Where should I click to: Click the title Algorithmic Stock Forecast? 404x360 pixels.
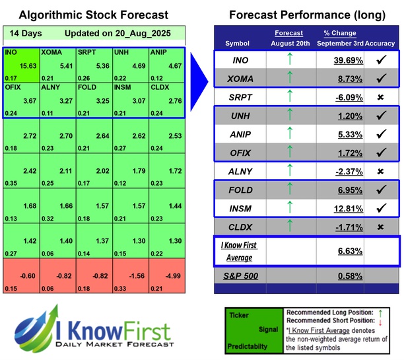(x=93, y=15)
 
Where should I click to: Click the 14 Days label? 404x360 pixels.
(x=24, y=33)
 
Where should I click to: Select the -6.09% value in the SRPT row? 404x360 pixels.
(x=341, y=96)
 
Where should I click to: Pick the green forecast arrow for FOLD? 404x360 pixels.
(x=288, y=190)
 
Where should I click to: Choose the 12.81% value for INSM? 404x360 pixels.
(x=341, y=209)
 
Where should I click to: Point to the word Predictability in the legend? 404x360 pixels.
(x=249, y=345)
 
